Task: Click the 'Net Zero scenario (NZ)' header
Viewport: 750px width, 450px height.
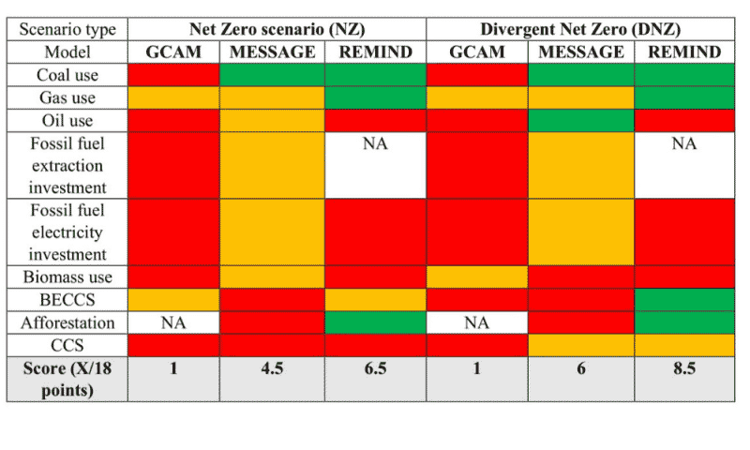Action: click(x=277, y=28)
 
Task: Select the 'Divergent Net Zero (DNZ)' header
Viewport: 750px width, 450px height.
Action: click(x=579, y=28)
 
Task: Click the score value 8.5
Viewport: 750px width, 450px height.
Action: click(x=684, y=369)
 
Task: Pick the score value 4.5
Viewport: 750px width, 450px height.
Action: click(x=272, y=369)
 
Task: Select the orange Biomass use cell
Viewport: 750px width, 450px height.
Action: click(x=477, y=277)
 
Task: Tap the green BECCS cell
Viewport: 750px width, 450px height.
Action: click(x=684, y=300)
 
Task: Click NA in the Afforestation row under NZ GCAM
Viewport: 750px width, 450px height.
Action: click(x=173, y=322)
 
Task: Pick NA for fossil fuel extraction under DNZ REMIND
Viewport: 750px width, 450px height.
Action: click(x=684, y=143)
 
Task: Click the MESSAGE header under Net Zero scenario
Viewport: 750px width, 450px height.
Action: click(x=272, y=52)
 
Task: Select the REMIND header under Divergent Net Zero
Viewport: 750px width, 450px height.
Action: click(x=684, y=52)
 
